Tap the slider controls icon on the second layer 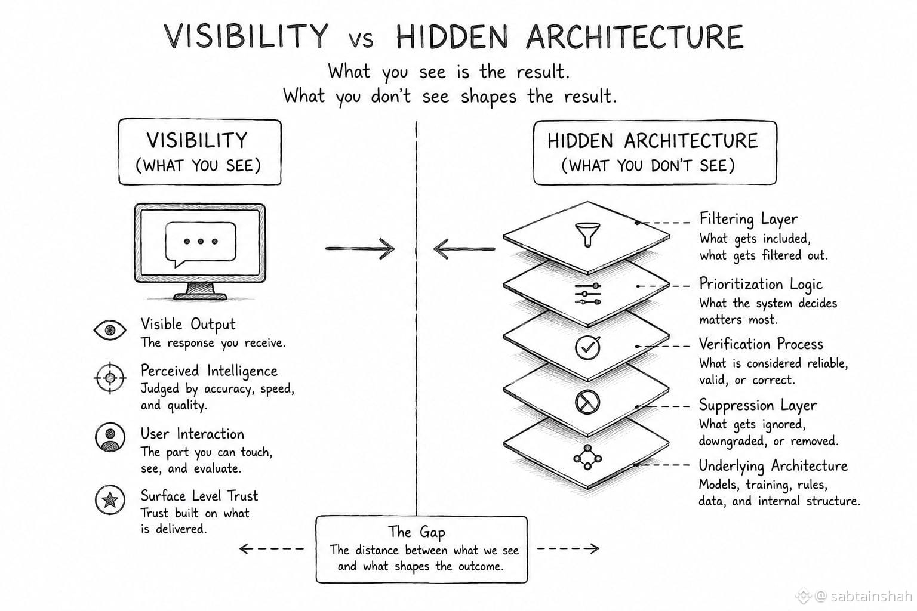coord(588,294)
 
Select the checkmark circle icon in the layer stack coord(587,347)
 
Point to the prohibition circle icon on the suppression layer coord(587,402)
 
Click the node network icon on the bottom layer coord(587,457)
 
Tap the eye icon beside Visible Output coord(110,330)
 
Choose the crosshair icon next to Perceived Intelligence coord(110,378)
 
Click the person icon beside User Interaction coord(110,437)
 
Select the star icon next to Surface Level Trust coord(110,499)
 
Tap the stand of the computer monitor coord(200,291)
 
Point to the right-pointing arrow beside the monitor coord(360,248)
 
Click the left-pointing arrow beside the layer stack coord(464,249)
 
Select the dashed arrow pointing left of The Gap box coord(272,548)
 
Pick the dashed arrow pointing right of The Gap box coord(568,548)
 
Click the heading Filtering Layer coord(748,220)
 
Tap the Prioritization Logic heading coord(760,285)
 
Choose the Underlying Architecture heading coord(773,466)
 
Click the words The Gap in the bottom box coord(416,532)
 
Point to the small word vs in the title coord(361,40)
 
